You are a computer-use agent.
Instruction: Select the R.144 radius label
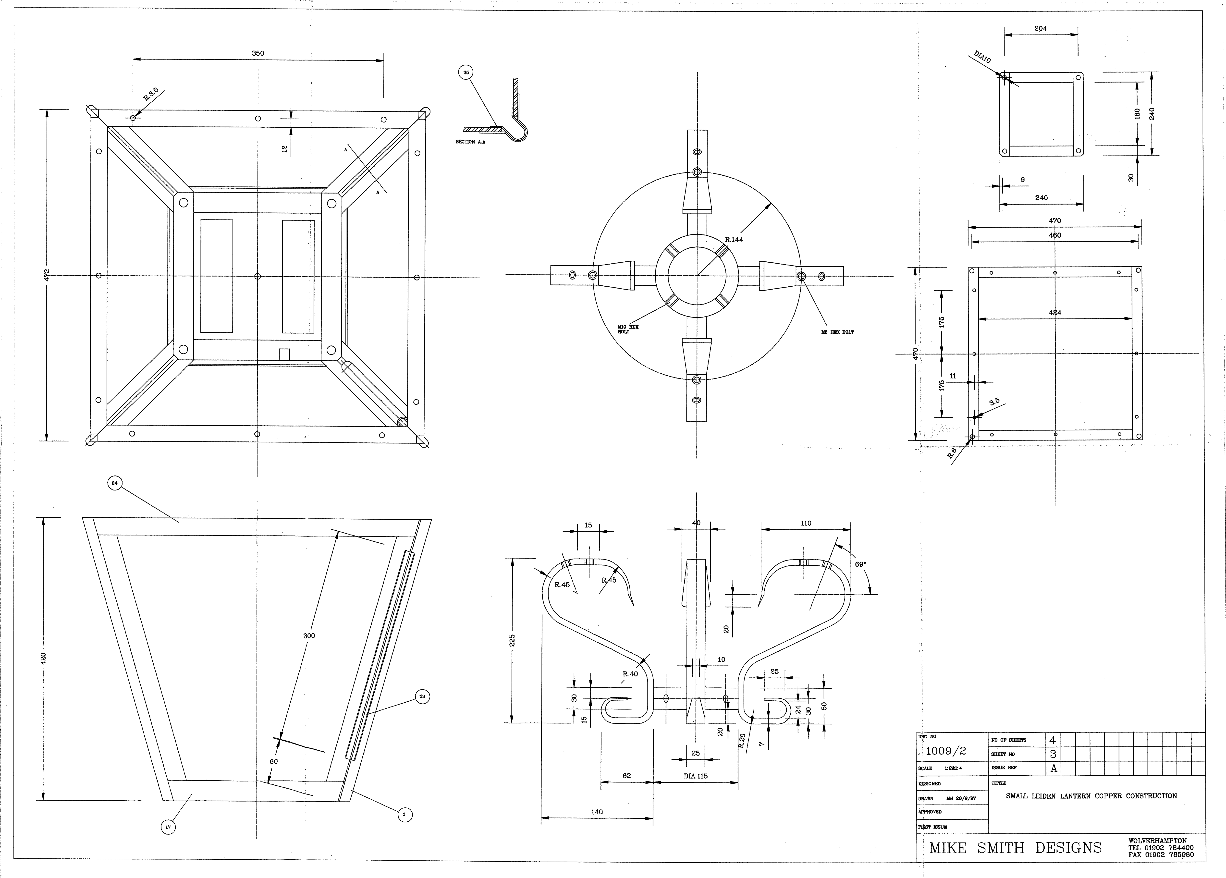pos(734,239)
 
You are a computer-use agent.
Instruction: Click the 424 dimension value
pos(1055,312)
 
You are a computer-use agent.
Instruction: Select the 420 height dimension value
pos(43,658)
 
